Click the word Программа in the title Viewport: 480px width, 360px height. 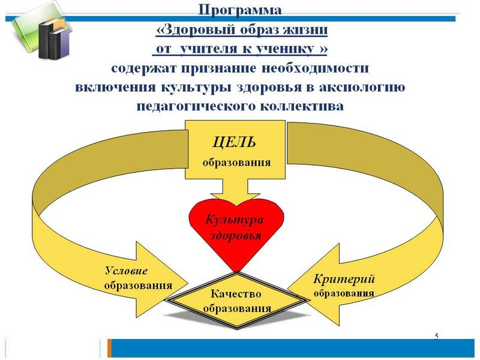click(240, 10)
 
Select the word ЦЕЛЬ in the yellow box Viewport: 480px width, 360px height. click(235, 142)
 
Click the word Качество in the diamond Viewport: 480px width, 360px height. click(236, 294)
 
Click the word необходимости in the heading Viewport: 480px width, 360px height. click(307, 67)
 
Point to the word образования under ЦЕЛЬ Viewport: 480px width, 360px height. click(236, 162)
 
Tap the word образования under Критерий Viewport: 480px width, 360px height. click(344, 293)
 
